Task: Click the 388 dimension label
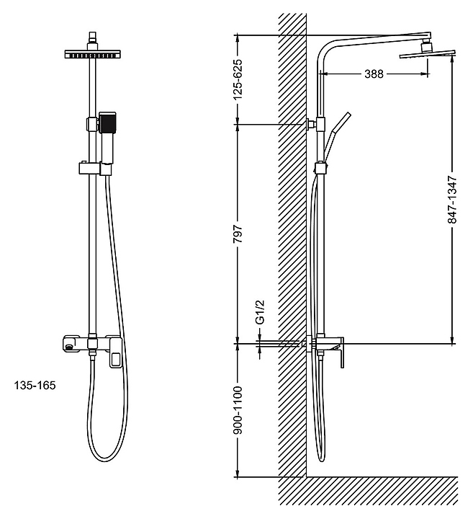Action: tap(374, 74)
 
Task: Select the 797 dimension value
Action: tap(238, 234)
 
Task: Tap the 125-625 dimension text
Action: tap(238, 79)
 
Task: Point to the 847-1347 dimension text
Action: tap(452, 200)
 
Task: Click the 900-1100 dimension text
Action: tap(238, 409)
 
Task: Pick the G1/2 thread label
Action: tap(261, 312)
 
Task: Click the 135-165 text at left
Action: tap(35, 385)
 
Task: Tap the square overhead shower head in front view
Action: tap(93, 54)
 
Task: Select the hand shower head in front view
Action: tap(107, 123)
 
